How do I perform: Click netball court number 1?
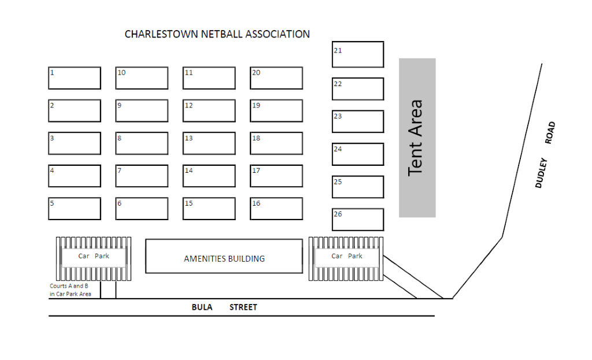pos(74,78)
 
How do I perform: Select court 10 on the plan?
pos(142,78)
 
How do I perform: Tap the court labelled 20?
pos(276,78)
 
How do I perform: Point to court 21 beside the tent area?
pos(358,54)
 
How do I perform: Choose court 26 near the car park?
pos(358,220)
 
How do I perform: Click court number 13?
pos(209,143)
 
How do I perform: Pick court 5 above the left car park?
pos(74,209)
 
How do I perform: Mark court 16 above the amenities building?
pos(276,209)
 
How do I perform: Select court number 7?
pos(142,176)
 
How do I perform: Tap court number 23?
pos(358,121)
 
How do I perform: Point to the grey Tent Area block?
pos(417,138)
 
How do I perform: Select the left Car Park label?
pos(94,256)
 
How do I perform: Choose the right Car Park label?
pos(347,256)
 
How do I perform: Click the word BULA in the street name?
pos(202,307)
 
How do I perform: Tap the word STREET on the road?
pos(243,307)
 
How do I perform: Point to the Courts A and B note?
pos(69,290)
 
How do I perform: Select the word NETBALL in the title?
pos(222,34)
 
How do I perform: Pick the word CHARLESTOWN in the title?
pos(161,34)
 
